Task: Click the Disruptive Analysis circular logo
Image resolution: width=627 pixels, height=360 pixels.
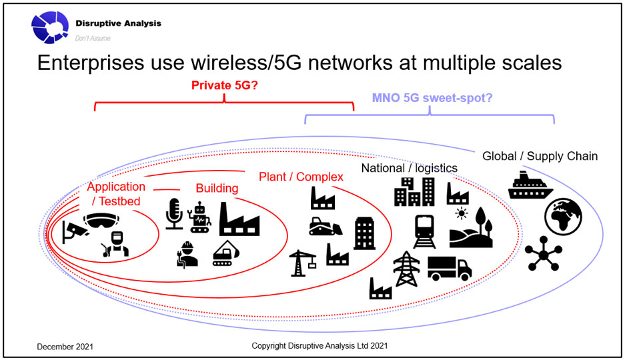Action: [50, 27]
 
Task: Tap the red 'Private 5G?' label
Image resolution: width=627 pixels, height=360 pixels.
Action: [224, 85]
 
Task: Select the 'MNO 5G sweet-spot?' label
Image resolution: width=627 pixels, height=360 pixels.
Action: [432, 98]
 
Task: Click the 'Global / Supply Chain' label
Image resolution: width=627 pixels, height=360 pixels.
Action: [540, 156]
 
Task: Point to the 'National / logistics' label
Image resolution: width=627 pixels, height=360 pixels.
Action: [409, 168]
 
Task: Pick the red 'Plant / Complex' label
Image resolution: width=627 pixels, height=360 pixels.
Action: [301, 177]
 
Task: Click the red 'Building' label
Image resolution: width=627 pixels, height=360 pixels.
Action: [217, 188]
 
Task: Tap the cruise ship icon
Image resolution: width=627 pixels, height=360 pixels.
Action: [530, 185]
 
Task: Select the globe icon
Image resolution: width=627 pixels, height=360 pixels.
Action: [563, 217]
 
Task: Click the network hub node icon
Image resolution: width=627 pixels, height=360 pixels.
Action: [544, 253]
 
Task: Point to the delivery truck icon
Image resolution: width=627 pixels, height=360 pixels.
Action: [450, 268]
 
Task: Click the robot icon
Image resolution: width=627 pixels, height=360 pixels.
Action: [199, 217]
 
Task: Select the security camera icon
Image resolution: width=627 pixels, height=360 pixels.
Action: [75, 232]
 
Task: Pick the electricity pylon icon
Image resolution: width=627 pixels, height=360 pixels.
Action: [407, 269]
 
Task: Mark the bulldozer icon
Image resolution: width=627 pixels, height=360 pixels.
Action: [326, 226]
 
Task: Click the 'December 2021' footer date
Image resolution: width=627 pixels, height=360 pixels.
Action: [65, 347]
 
